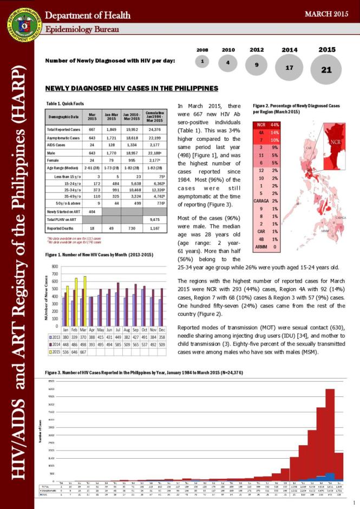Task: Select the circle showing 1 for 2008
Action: [202, 62]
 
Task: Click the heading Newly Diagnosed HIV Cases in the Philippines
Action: [132, 88]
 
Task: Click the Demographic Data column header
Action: [60, 116]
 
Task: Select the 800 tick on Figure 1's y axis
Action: [55, 267]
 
